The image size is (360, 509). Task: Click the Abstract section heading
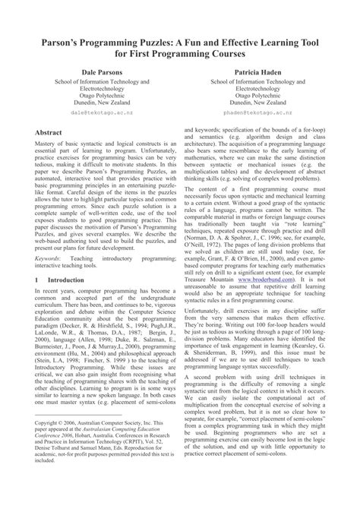(x=39, y=132)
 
